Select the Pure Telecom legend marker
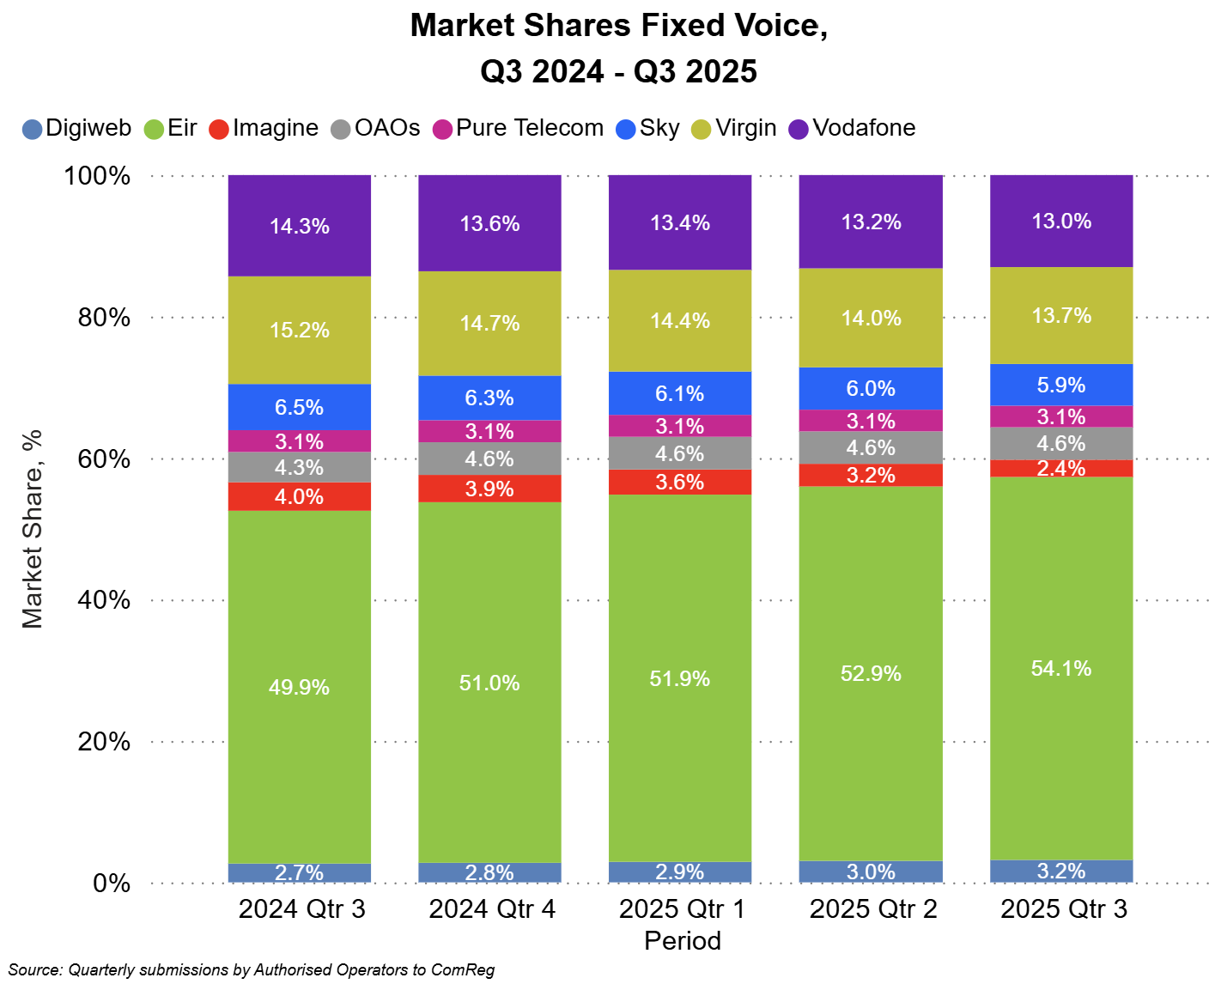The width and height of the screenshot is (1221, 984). click(x=442, y=130)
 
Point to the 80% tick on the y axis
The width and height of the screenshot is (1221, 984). click(x=104, y=318)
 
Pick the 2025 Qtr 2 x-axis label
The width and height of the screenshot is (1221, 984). click(x=873, y=908)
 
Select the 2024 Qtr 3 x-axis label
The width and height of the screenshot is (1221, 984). click(x=301, y=908)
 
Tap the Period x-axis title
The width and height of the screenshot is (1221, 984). click(x=683, y=941)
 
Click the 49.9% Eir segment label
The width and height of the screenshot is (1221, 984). click(x=299, y=687)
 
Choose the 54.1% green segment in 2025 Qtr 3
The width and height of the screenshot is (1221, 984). click(x=1061, y=668)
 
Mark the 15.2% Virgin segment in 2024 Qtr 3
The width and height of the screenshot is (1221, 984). click(x=299, y=330)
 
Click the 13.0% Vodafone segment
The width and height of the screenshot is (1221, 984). click(x=1061, y=221)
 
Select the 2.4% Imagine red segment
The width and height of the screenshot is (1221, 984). click(x=1061, y=468)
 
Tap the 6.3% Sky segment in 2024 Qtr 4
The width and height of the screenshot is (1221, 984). click(x=489, y=398)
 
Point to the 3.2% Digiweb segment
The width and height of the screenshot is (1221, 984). click(x=1061, y=871)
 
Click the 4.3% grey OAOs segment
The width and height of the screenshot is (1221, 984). click(x=299, y=467)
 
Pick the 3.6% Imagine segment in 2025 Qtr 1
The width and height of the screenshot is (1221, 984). click(x=680, y=482)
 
